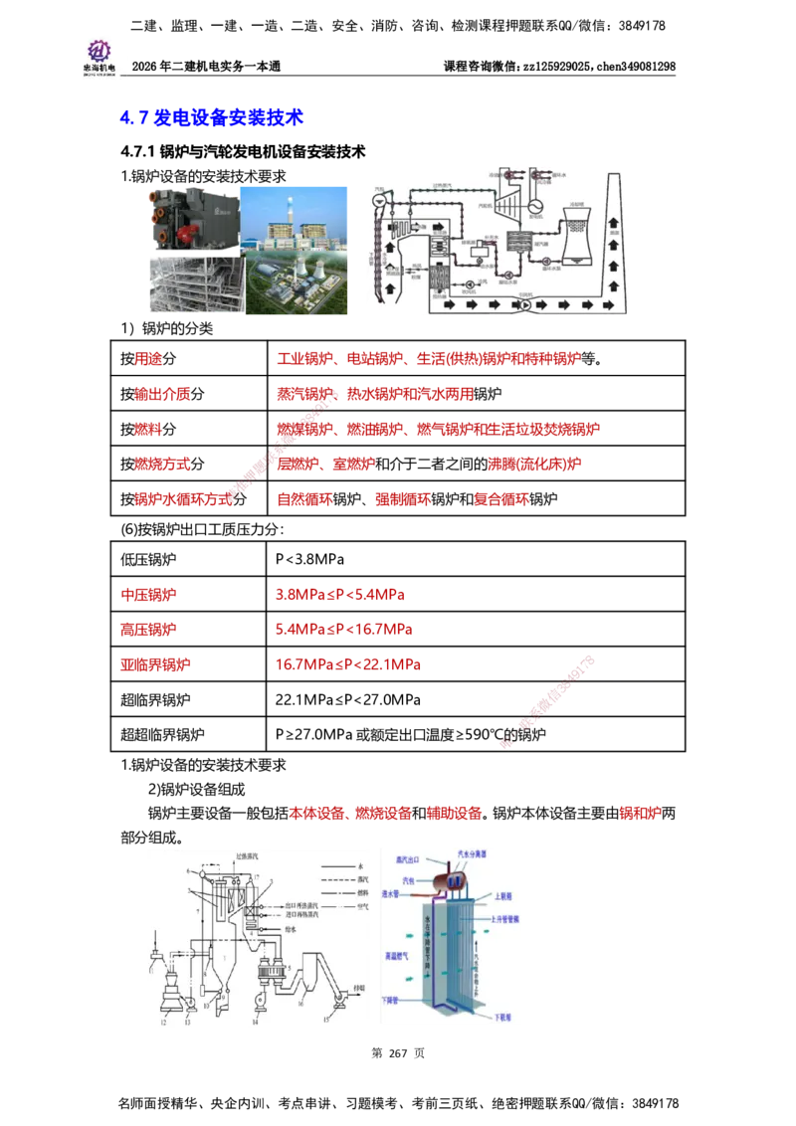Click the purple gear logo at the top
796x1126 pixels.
pyautogui.click(x=98, y=50)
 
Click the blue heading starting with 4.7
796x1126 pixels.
pyautogui.click(x=210, y=118)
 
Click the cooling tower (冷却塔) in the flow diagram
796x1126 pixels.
pyautogui.click(x=575, y=237)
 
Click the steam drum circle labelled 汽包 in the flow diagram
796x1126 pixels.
pyautogui.click(x=377, y=199)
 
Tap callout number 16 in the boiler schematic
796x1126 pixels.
pyautogui.click(x=300, y=1005)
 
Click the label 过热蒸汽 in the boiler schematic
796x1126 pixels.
pyautogui.click(x=247, y=855)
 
